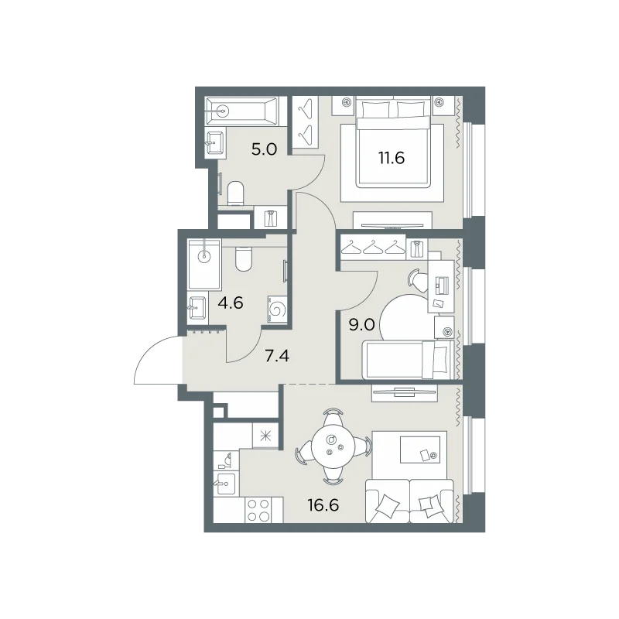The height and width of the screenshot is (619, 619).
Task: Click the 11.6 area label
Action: pos(392,158)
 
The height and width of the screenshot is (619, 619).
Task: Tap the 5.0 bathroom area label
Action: pos(264,149)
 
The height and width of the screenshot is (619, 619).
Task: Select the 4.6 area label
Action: pos(231,303)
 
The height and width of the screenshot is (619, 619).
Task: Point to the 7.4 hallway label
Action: pos(277,356)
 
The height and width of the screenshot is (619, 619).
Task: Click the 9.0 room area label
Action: pos(361,325)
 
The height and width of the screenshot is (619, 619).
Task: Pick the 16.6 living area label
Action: pos(323,505)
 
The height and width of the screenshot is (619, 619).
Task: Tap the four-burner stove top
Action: pos(258,510)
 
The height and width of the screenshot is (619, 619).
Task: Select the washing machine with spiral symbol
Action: pos(277,309)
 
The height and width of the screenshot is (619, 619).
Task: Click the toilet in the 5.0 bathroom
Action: pos(236,193)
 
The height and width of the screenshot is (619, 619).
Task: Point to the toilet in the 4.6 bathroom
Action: pos(243,259)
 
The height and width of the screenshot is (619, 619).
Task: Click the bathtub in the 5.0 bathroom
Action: pos(241,111)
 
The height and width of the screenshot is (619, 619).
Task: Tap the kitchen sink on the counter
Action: pos(225,484)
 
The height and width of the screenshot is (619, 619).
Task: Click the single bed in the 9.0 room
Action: pos(407,360)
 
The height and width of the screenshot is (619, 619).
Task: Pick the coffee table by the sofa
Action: pos(420,450)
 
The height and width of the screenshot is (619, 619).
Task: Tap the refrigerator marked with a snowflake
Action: pos(265,436)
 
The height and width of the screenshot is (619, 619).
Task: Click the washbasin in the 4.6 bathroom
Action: pos(197,308)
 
